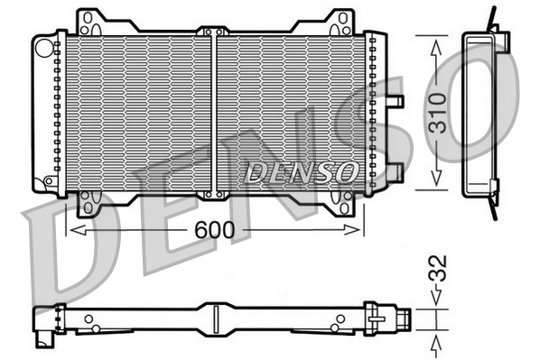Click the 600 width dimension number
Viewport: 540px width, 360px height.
(x=216, y=231)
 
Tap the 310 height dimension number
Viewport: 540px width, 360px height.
(x=437, y=113)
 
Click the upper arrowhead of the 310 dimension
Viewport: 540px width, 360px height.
(x=437, y=46)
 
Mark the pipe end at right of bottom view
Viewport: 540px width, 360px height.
(x=405, y=318)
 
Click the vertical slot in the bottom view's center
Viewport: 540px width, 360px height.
(x=216, y=318)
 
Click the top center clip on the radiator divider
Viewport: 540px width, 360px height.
(x=214, y=32)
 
